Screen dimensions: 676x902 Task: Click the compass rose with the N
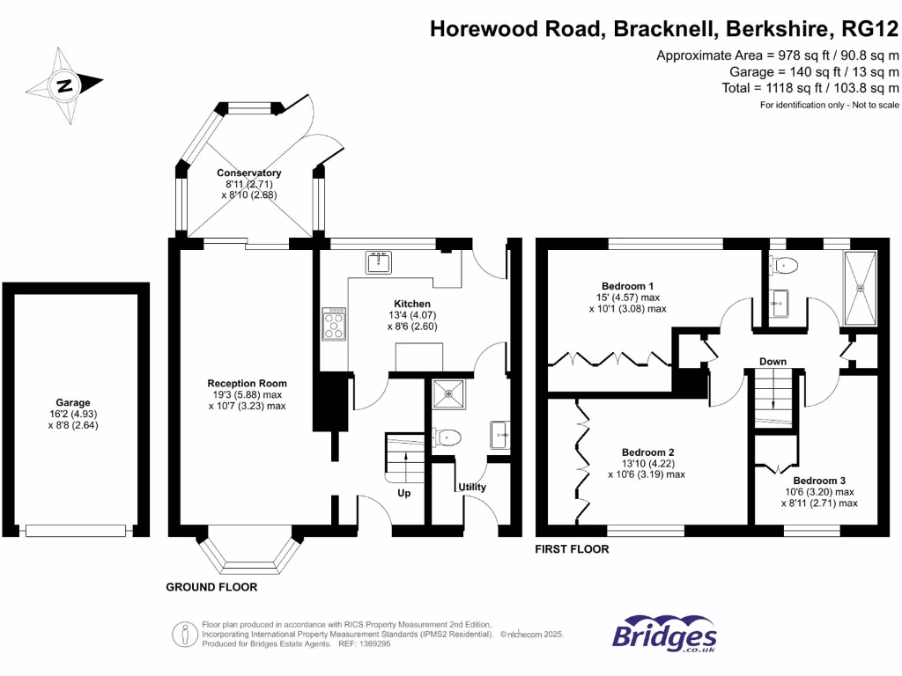click(64, 85)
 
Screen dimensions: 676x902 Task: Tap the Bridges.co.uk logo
click(664, 636)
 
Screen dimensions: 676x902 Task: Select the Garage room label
click(75, 402)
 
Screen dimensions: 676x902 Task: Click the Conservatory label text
click(249, 173)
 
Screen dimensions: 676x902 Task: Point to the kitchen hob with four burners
click(335, 323)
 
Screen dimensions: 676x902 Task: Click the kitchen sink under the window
click(380, 262)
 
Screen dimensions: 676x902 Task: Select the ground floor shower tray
click(450, 393)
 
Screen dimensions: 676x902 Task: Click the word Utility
click(471, 487)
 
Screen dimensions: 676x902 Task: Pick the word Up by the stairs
click(404, 493)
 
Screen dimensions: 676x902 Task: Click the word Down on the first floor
click(773, 362)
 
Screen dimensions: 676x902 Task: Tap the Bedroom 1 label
click(627, 286)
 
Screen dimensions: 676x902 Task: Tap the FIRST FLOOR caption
click(573, 549)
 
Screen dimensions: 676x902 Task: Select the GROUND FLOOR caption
click(211, 587)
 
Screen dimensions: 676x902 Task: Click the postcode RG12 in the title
click(870, 29)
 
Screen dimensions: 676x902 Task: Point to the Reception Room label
click(247, 383)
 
